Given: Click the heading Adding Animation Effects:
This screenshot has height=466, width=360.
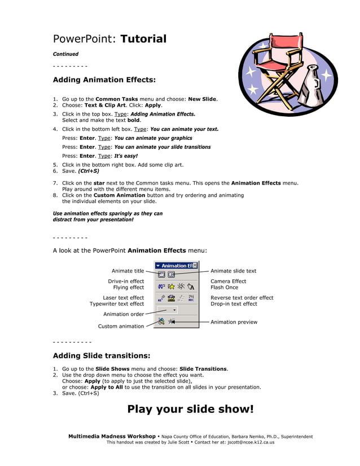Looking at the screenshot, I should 104,80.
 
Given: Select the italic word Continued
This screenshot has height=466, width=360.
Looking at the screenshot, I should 65,54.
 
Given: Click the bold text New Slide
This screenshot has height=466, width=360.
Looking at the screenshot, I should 202,99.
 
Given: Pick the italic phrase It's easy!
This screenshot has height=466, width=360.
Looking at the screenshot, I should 126,156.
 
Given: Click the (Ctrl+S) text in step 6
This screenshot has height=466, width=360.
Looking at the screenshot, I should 88,171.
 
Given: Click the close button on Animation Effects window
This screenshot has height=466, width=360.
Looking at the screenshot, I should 195,265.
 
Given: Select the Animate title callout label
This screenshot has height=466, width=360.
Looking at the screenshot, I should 128,271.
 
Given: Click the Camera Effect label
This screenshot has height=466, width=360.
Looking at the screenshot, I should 228,281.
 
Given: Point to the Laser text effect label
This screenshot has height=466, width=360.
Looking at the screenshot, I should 123,298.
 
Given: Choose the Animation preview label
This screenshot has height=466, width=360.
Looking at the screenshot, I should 234,322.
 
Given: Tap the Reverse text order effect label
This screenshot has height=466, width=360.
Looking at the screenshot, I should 242,298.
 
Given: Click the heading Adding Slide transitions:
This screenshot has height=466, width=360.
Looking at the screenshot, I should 102,356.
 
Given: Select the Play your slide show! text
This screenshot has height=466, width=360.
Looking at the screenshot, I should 190,409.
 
